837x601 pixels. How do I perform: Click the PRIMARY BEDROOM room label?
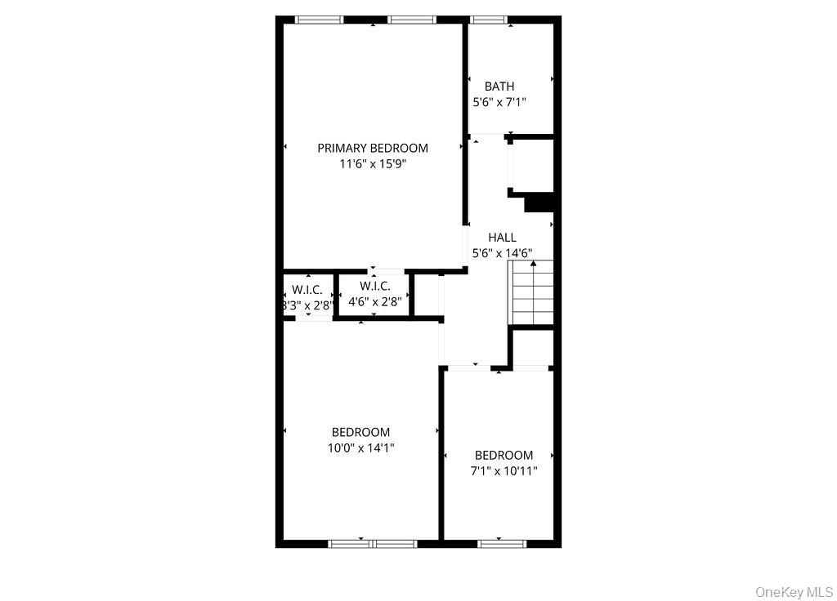click(x=373, y=148)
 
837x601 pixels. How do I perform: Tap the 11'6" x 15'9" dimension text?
click(x=373, y=164)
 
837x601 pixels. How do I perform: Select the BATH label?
click(x=499, y=86)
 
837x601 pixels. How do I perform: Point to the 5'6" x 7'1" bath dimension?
click(x=499, y=103)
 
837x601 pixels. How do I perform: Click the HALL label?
click(x=502, y=238)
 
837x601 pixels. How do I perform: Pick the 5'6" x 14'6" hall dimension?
click(x=503, y=253)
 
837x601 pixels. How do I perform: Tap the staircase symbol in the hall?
click(x=532, y=292)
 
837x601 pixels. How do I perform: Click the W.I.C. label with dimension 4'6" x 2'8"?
click(x=374, y=286)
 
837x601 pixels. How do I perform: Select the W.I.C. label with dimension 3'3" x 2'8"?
click(x=307, y=290)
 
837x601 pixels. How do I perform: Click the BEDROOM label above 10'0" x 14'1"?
click(x=360, y=432)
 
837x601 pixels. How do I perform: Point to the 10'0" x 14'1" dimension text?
click(x=360, y=447)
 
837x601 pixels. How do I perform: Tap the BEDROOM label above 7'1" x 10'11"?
click(x=504, y=455)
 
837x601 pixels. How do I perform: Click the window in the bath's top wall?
click(x=489, y=20)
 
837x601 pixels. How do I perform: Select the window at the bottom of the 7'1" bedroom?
click(x=502, y=542)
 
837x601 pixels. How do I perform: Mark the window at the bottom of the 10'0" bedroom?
click(x=361, y=542)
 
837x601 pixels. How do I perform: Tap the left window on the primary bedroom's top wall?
click(x=319, y=20)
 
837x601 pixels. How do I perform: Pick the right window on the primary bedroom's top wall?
click(x=413, y=20)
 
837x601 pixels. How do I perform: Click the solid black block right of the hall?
click(x=540, y=203)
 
